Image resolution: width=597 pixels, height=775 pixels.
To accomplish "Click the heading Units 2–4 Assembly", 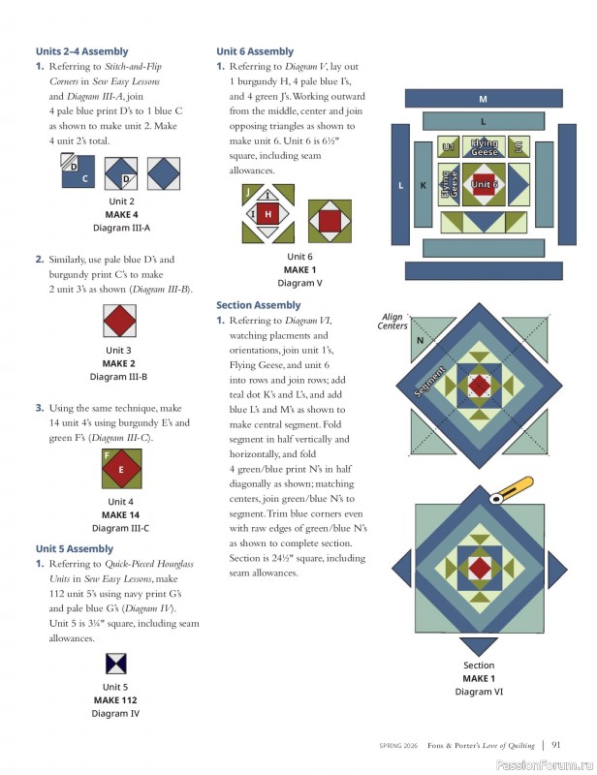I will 81,51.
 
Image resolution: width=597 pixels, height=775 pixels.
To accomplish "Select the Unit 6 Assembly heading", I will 255,51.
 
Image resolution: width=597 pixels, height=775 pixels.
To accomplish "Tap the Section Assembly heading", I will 258,305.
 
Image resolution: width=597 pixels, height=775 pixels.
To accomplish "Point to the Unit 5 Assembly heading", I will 75,548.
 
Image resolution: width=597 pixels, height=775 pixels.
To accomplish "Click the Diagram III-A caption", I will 121,228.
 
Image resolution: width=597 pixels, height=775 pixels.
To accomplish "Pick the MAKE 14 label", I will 121,515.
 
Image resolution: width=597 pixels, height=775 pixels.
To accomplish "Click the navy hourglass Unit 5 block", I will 116,665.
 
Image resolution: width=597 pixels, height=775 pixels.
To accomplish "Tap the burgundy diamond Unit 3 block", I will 121,321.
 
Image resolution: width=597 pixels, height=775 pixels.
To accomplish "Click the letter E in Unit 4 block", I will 121,470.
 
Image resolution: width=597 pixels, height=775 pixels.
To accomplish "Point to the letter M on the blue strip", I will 483,99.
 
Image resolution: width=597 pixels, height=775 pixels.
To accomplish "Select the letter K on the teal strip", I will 423,184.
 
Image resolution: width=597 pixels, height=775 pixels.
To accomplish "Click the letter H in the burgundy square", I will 267,214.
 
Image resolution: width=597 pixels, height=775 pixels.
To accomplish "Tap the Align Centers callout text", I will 393,322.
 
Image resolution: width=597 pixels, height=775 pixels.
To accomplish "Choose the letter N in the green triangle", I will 420,341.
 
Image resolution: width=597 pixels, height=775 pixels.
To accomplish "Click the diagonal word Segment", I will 430,380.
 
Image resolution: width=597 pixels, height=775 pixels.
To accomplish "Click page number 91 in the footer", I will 556,745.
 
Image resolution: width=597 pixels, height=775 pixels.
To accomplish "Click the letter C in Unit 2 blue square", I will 84,178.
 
